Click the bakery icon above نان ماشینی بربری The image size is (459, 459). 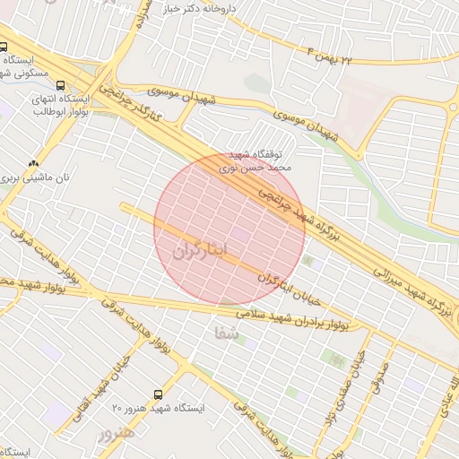34,163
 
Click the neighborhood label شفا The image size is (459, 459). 228,333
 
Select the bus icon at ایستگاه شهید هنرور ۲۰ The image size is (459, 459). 159,394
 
